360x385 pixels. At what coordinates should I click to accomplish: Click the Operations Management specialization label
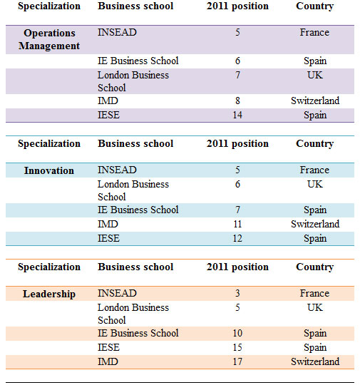49,39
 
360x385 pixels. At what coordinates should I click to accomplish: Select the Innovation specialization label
49,170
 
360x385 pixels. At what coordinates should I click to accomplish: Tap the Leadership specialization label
49,294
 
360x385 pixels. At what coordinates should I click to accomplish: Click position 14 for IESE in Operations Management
237,115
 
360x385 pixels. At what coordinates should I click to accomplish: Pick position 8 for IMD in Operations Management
237,101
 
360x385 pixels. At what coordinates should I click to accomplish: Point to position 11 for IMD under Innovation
237,224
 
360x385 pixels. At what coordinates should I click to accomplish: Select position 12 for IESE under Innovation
237,238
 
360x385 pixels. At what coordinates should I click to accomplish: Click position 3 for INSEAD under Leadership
237,293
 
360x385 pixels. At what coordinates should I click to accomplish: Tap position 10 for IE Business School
237,333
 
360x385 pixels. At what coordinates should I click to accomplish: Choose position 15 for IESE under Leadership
237,347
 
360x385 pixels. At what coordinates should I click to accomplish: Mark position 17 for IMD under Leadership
237,361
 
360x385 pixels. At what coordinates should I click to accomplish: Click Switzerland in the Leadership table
315,361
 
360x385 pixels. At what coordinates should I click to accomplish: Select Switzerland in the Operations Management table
315,101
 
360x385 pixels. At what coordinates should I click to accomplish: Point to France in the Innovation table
314,170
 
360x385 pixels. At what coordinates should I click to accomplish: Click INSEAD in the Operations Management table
117,32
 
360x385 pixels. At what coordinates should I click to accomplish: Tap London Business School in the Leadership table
133,314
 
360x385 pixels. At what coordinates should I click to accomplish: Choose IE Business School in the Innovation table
138,210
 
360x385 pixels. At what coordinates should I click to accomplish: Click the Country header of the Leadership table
315,267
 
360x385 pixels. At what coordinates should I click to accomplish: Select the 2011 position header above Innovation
237,143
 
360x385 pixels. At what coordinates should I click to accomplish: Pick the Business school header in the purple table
135,6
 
